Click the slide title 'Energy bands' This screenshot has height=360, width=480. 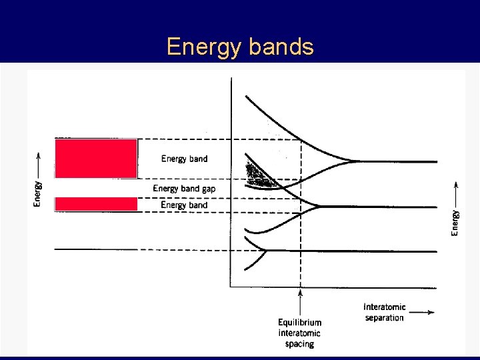point(240,47)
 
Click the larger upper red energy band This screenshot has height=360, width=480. point(95,158)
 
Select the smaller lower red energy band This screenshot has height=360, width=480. point(95,204)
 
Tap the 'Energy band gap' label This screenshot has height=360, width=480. point(184,189)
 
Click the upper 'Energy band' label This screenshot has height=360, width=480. point(184,159)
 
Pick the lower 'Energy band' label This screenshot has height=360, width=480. point(184,205)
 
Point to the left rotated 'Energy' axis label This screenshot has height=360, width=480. point(38,194)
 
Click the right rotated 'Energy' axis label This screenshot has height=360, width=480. point(455,223)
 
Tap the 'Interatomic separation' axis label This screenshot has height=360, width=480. point(385,312)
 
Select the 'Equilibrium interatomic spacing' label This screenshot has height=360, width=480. point(299,333)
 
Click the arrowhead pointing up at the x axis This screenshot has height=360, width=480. point(300,292)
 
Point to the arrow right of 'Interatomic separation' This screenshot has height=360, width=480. point(421,311)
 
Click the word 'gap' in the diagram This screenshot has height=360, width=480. point(207,189)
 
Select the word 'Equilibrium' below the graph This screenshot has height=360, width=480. point(299,323)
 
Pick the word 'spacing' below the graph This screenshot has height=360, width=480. point(299,344)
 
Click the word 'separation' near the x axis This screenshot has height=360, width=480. point(385,318)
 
